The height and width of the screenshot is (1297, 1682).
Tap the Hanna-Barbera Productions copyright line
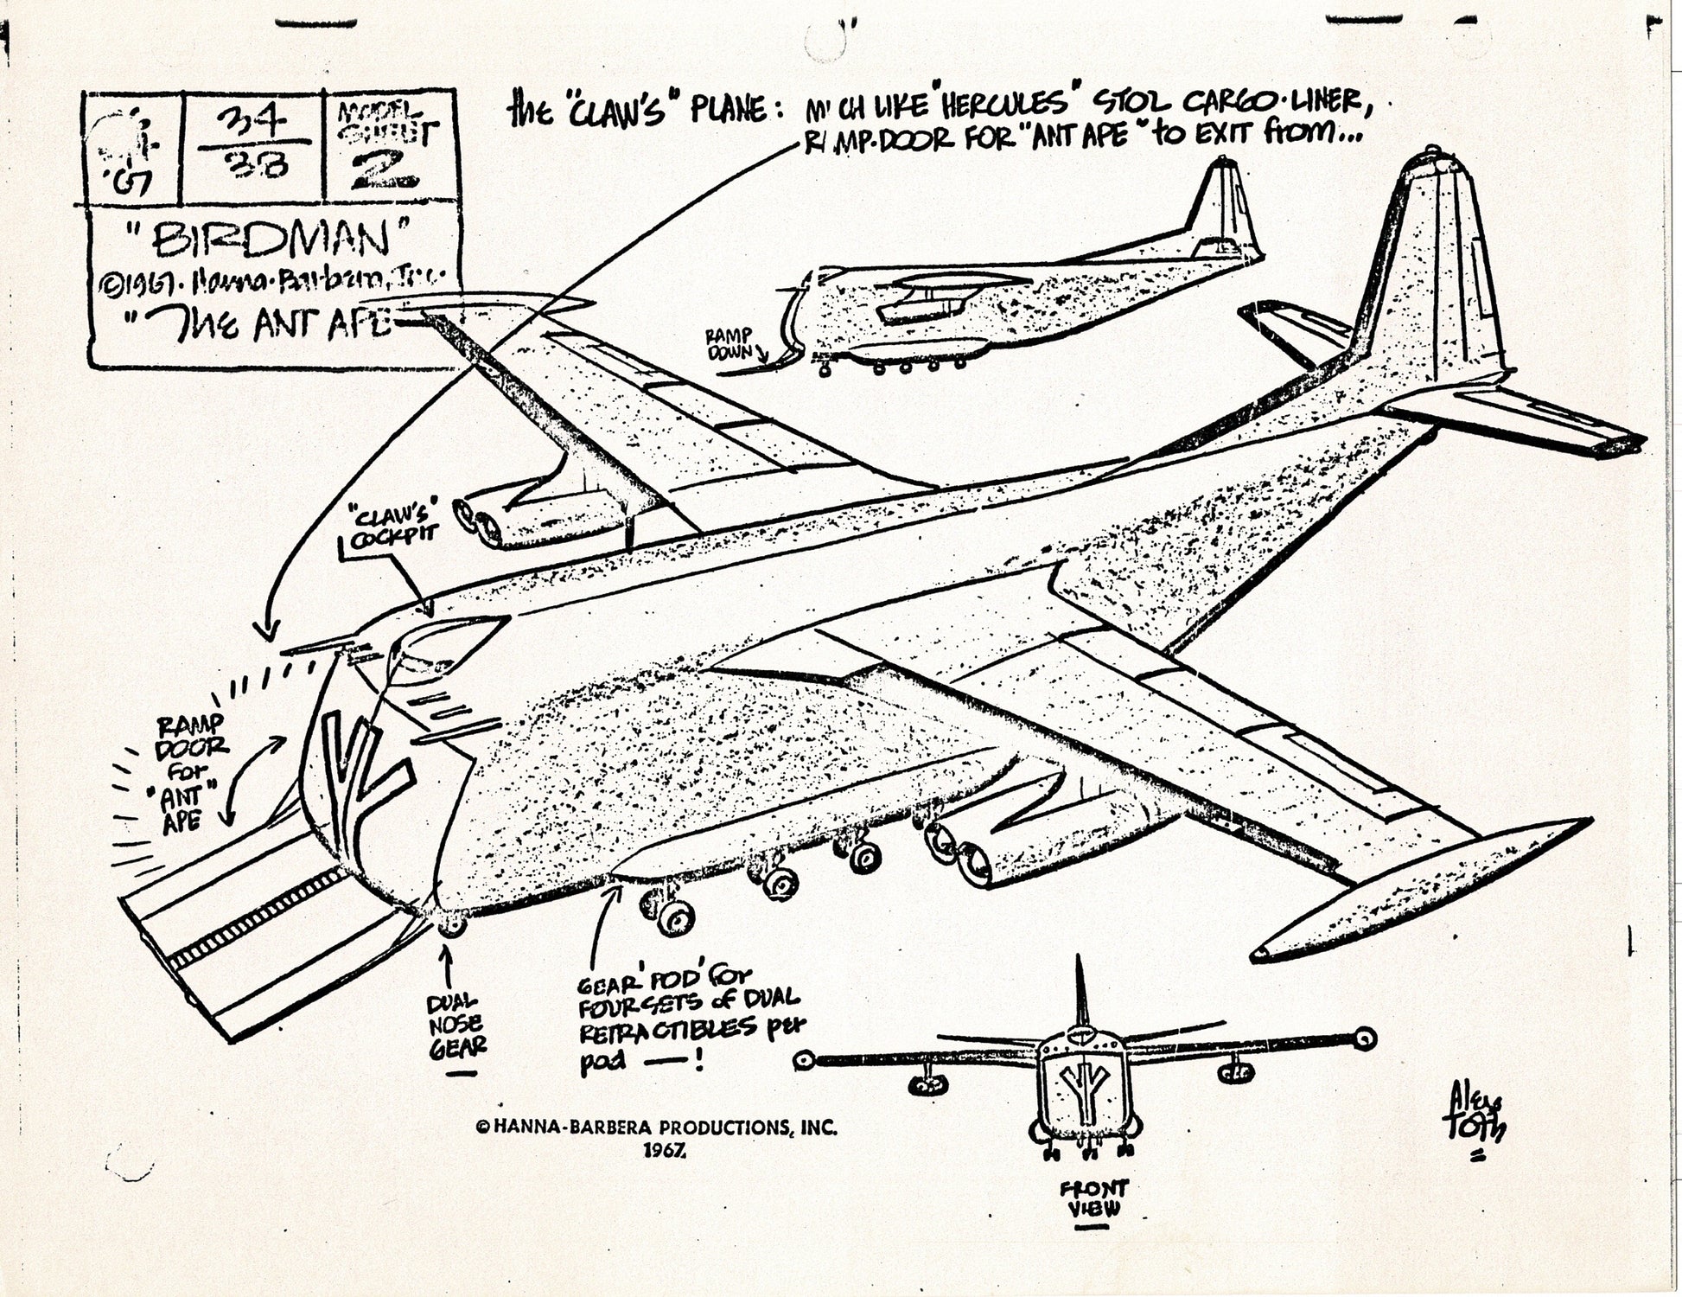(x=657, y=1128)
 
